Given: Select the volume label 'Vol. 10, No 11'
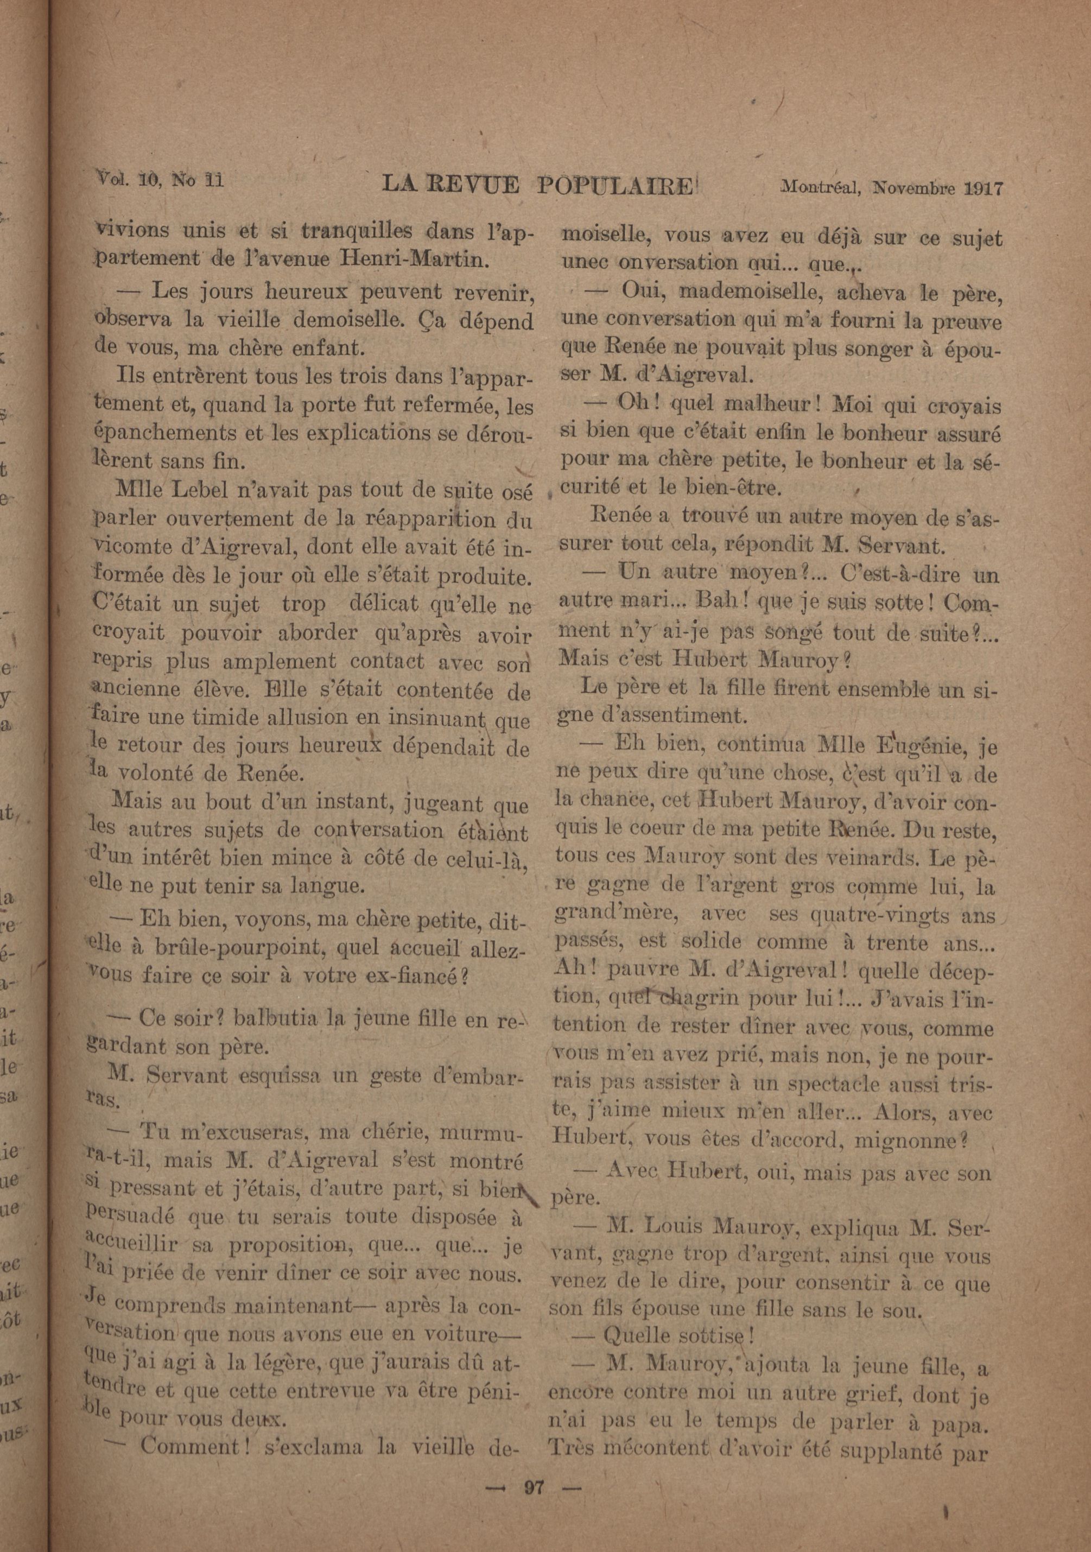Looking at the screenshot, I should pos(161,180).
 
